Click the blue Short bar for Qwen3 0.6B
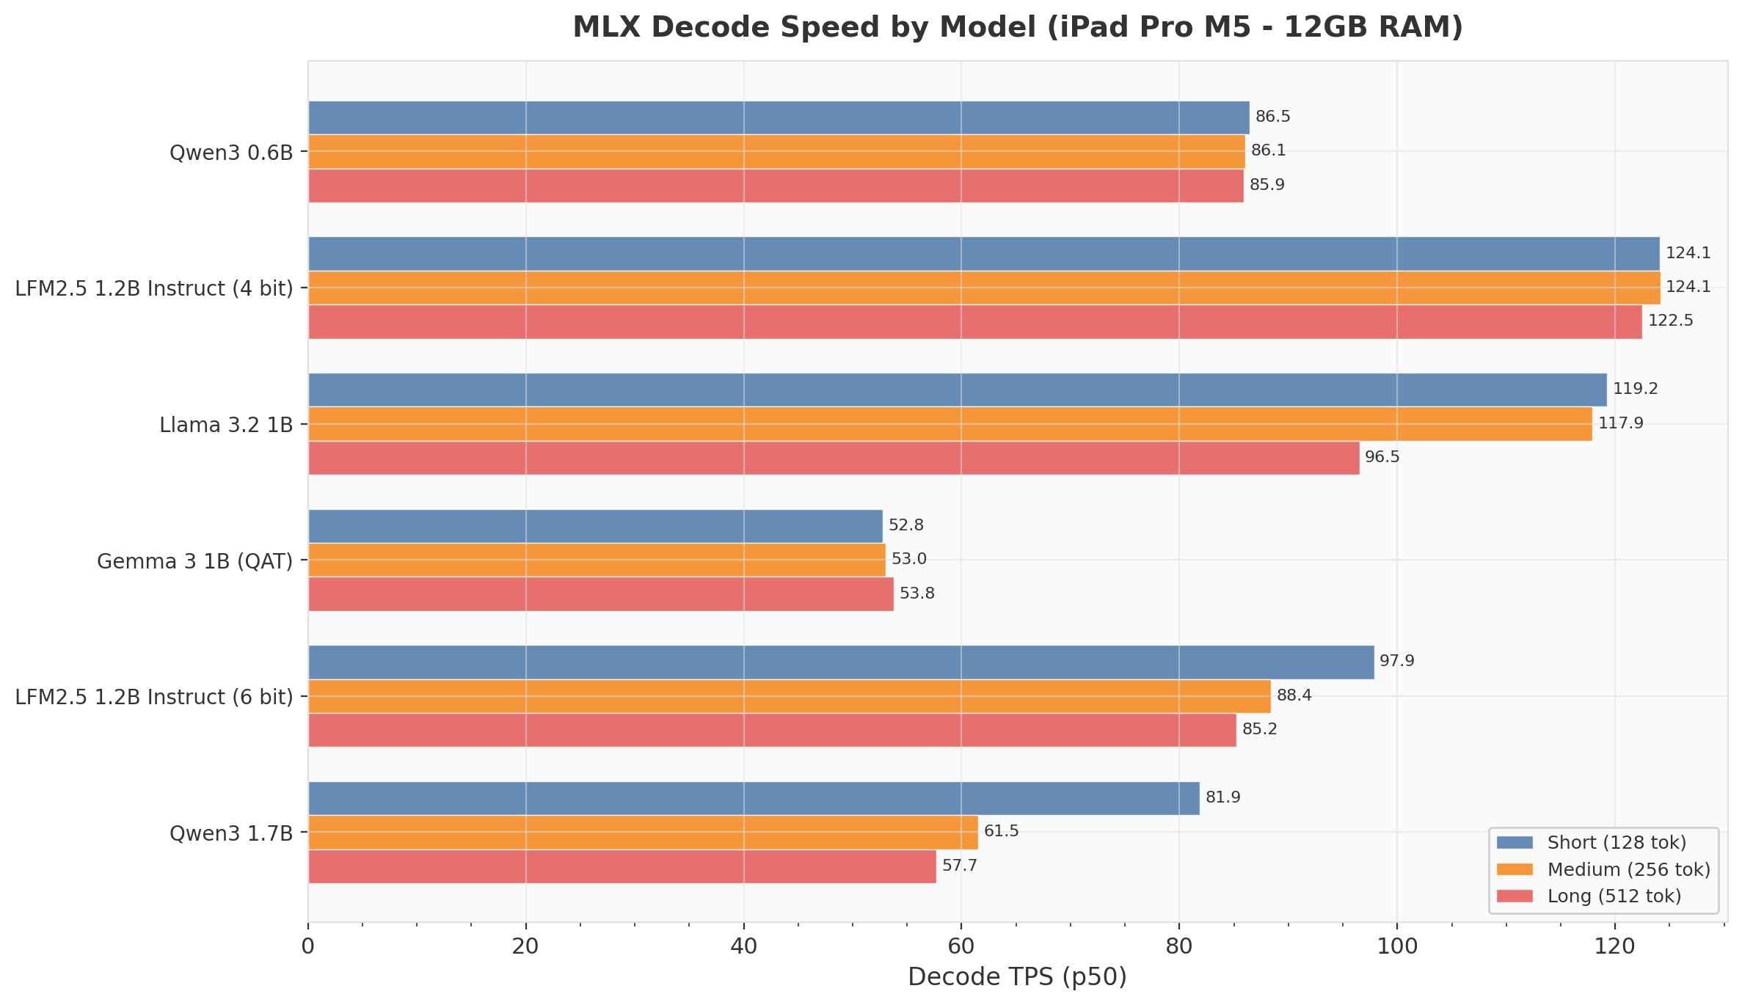click(x=778, y=117)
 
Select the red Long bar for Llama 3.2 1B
click(x=833, y=458)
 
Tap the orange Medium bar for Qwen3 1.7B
click(x=642, y=832)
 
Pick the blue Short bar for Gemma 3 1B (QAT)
click(x=594, y=526)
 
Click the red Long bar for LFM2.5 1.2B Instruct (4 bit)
click(x=974, y=322)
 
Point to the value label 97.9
click(x=1396, y=662)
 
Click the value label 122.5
click(x=1670, y=321)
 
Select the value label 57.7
click(x=959, y=866)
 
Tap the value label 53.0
click(x=908, y=560)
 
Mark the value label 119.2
click(x=1635, y=390)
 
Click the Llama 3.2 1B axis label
click(x=226, y=425)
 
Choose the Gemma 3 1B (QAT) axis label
click(x=194, y=562)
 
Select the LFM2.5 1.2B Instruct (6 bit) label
click(x=154, y=698)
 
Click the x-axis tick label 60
click(x=961, y=947)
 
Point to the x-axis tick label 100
click(x=1396, y=947)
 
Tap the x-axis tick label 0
click(x=308, y=947)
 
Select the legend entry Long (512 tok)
click(x=1614, y=896)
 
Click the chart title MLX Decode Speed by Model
click(x=1017, y=28)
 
